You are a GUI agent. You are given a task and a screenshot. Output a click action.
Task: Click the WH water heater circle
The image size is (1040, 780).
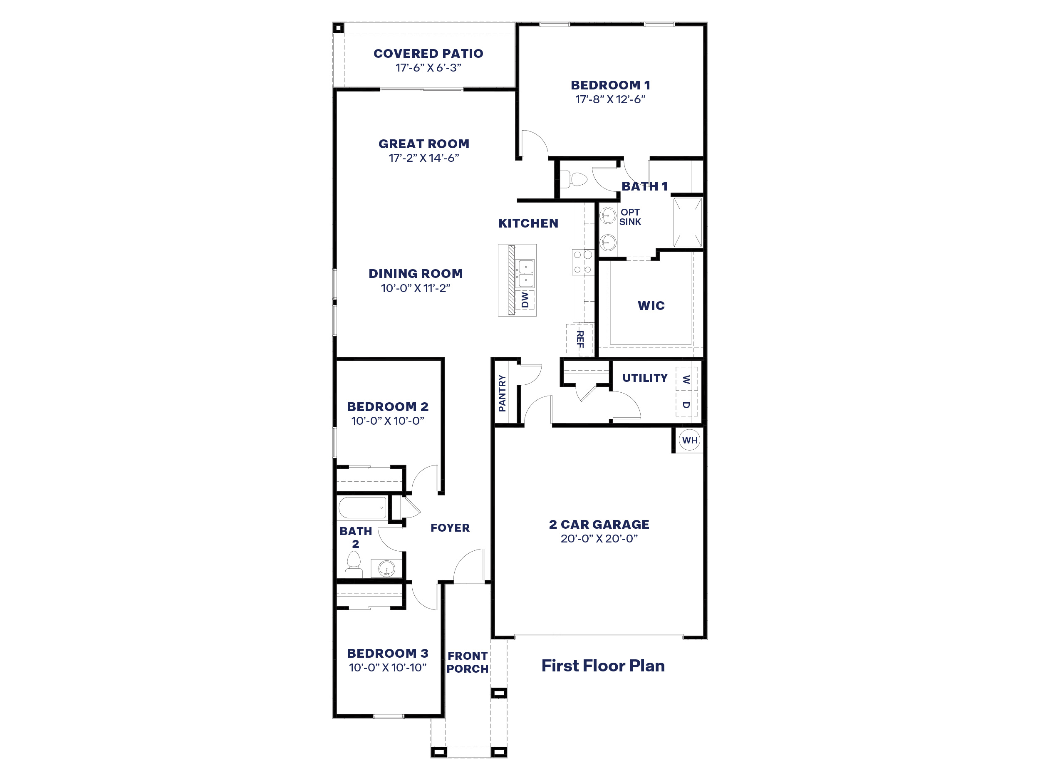[x=689, y=440]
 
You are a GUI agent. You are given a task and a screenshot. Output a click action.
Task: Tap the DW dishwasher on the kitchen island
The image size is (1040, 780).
[x=525, y=300]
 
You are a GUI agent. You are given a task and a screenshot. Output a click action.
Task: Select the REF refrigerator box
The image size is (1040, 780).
[x=580, y=339]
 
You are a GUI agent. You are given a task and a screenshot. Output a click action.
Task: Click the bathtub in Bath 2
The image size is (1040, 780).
[x=362, y=508]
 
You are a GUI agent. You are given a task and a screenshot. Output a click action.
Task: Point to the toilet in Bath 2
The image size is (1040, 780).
[x=354, y=564]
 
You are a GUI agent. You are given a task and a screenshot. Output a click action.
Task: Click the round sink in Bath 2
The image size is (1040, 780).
[x=386, y=568]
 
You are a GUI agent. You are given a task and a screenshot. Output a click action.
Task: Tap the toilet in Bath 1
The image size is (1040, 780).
[x=574, y=180]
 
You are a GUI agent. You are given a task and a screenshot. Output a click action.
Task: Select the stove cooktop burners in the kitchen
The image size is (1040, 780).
[x=582, y=262]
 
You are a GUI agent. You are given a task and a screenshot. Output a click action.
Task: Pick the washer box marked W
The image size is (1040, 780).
[x=686, y=379]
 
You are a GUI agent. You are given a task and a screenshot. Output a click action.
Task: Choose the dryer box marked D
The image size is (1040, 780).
[x=686, y=404]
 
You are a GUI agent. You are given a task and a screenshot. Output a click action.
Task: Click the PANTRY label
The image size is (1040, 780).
[x=502, y=393]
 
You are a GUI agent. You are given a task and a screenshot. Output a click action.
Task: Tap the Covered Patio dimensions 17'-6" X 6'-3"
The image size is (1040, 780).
[x=428, y=68]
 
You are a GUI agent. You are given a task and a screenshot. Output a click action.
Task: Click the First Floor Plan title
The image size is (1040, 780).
[x=603, y=666]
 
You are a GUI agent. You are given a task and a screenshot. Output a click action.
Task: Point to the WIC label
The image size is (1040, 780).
[x=651, y=306]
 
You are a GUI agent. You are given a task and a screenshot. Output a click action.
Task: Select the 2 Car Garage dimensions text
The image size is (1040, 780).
[x=599, y=538]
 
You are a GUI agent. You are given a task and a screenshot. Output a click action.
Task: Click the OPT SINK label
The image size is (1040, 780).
[x=629, y=217]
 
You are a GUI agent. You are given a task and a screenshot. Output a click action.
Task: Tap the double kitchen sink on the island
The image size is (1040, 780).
[x=525, y=274]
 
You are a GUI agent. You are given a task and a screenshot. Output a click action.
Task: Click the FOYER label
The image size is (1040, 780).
[x=450, y=528]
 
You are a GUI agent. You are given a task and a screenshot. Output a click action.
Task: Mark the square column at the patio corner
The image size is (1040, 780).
[x=339, y=28]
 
